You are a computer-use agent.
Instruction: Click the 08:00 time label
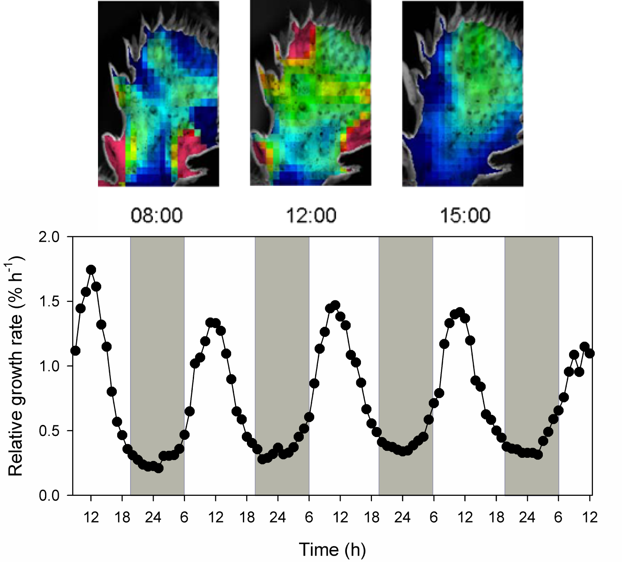[x=156, y=215]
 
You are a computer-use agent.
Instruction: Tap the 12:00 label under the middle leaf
[x=311, y=215]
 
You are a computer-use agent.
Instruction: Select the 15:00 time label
[x=465, y=215]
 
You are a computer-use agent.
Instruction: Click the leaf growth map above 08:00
[x=158, y=94]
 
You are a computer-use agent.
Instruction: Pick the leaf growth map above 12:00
[x=310, y=94]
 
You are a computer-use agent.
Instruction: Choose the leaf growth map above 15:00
[x=462, y=94]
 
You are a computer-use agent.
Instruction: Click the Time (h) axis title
[x=332, y=549]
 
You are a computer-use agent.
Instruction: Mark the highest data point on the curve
[x=91, y=269]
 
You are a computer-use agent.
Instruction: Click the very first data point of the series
[x=76, y=351]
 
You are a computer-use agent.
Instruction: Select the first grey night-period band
[x=157, y=366]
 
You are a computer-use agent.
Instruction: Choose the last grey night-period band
[x=531, y=366]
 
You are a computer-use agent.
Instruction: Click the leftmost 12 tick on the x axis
[x=91, y=518]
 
